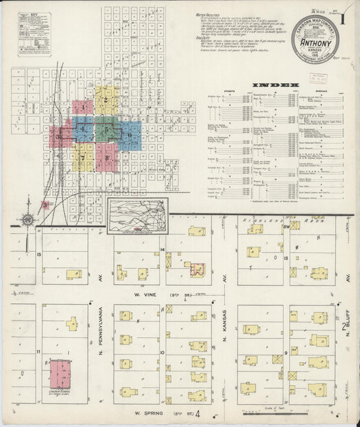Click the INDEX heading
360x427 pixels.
274,85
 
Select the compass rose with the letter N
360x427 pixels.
26,220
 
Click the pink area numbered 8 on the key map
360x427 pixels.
107,158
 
